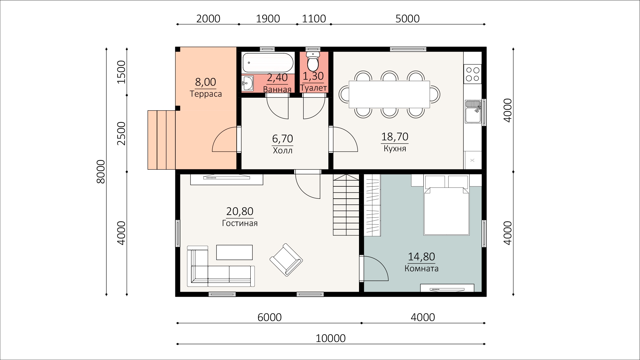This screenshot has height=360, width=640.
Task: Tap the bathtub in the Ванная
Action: [268, 63]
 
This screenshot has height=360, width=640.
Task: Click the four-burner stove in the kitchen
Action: [472, 74]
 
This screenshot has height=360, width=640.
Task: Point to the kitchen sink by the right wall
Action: [473, 111]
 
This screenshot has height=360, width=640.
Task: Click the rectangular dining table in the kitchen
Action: [389, 94]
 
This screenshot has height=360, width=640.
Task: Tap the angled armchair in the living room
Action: [286, 260]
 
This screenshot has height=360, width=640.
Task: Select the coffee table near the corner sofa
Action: [234, 252]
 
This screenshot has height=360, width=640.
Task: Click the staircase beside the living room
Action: [346, 205]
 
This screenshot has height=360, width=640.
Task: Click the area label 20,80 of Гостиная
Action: [240, 211]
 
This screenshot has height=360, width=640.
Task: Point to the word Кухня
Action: [395, 149]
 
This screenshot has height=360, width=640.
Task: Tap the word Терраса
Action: [206, 94]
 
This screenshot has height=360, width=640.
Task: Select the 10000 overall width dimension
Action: [331, 339]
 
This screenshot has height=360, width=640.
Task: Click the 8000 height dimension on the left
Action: [101, 171]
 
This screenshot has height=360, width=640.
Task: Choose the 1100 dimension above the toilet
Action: [314, 19]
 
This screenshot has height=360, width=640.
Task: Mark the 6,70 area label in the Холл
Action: [283, 138]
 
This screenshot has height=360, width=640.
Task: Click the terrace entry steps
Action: [161, 140]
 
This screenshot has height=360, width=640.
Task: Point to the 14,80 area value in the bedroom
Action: [421, 257]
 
